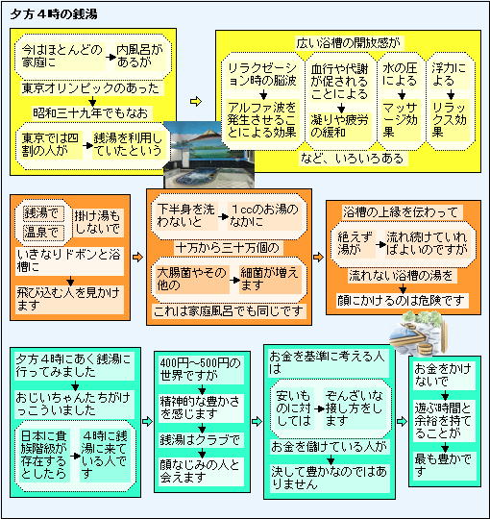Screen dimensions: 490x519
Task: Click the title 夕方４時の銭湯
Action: (54, 14)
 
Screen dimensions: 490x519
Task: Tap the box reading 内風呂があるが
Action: (140, 57)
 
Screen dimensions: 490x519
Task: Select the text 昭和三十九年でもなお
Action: (90, 113)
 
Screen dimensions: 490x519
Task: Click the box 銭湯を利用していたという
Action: (128, 144)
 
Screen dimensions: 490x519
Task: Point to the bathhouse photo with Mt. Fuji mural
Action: (209, 154)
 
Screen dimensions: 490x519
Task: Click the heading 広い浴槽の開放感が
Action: (348, 43)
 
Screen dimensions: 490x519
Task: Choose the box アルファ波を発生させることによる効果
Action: (261, 120)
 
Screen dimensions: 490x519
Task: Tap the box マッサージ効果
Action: (400, 120)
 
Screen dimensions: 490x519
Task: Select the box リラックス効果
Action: (450, 120)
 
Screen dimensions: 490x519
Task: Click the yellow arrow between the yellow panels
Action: (196, 101)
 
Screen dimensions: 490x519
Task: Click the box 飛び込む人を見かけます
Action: (69, 299)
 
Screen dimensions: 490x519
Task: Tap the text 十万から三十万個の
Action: (228, 248)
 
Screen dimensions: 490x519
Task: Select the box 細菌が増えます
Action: (270, 280)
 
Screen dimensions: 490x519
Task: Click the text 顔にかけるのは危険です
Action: (401, 301)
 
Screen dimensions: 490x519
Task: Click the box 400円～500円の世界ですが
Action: (201, 370)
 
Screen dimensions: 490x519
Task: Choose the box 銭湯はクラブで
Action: (201, 440)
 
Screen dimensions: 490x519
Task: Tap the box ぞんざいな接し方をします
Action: (355, 408)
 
